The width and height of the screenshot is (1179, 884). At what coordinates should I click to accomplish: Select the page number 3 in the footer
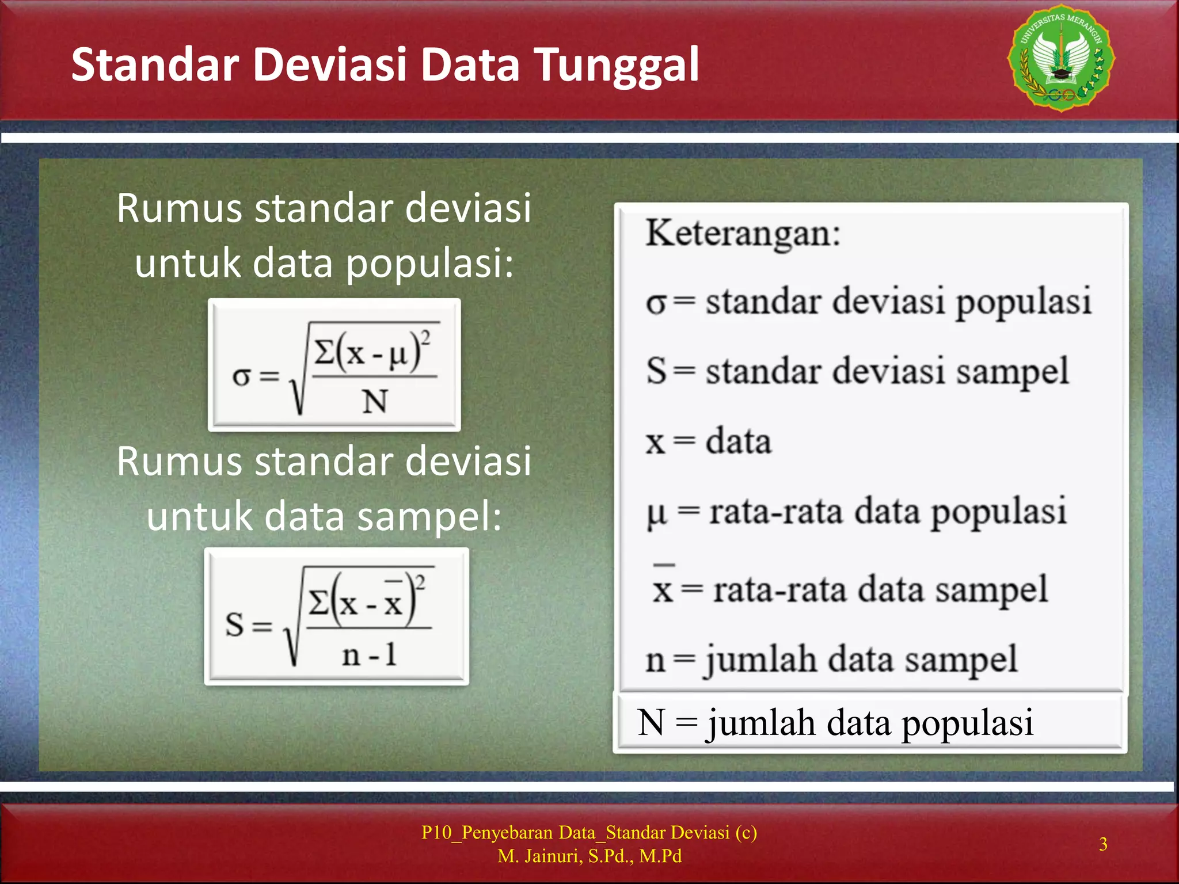[x=1102, y=844]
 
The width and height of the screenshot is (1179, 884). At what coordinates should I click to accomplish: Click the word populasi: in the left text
[x=429, y=264]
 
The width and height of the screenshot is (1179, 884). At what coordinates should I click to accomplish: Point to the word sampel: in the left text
[x=429, y=516]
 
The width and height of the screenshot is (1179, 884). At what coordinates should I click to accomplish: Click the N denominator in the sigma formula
[x=374, y=401]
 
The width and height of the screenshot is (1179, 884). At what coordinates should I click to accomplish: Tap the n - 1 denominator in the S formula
[x=369, y=655]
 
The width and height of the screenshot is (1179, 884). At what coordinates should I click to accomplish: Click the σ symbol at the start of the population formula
[x=241, y=377]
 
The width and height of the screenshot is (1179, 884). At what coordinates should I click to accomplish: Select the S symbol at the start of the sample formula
[x=234, y=624]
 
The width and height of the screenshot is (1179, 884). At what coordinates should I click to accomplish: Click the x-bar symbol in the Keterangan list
[x=663, y=587]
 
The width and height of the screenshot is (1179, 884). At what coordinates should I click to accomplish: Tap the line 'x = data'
[x=708, y=442]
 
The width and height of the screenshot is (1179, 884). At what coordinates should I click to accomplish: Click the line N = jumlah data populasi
[x=835, y=723]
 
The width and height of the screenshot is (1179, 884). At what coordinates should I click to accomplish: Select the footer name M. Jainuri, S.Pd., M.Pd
[x=589, y=856]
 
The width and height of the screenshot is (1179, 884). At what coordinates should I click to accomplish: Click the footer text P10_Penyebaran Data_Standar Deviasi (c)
[x=589, y=832]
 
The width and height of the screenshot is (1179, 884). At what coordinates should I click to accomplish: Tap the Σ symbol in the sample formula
[x=318, y=603]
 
